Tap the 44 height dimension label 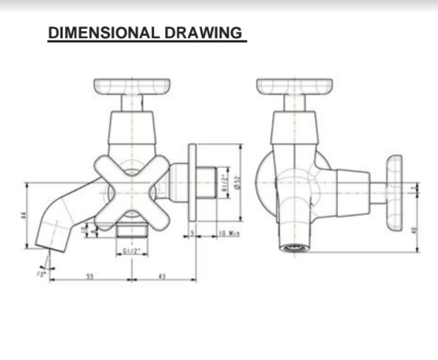(x=23, y=216)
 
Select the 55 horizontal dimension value (x=90, y=276)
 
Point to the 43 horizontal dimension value (x=161, y=276)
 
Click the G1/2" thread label (x=132, y=251)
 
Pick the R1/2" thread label (x=224, y=182)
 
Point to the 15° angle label (x=42, y=272)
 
